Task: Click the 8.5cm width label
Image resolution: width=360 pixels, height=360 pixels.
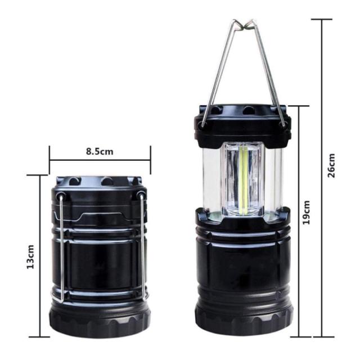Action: (100, 151)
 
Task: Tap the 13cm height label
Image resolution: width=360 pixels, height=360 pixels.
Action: (30, 256)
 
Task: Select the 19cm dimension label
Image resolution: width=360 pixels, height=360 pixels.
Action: (306, 213)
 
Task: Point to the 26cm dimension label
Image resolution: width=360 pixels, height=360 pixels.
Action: (331, 165)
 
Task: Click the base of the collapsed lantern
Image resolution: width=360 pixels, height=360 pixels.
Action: (100, 321)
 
